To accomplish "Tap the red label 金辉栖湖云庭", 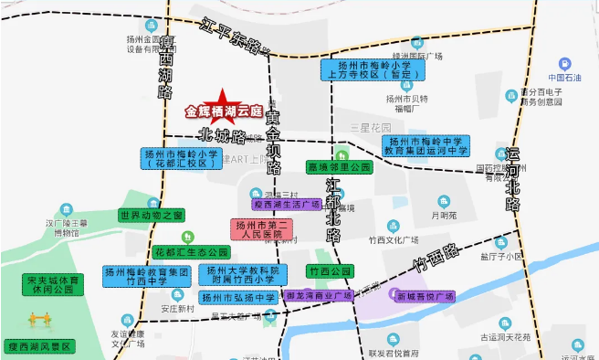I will point(222,112).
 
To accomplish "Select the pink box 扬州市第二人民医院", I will point(260,229).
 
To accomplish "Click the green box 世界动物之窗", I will point(152,215).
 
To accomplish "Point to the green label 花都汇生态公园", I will point(191,251).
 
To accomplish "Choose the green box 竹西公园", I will point(330,271).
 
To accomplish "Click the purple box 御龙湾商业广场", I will point(319,296).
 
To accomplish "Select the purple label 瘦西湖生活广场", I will point(287,205).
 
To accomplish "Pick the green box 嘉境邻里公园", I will point(340,168).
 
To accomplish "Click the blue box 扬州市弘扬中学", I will point(238,298).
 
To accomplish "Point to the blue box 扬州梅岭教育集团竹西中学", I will point(146,276).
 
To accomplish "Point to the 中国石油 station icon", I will point(565,64).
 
